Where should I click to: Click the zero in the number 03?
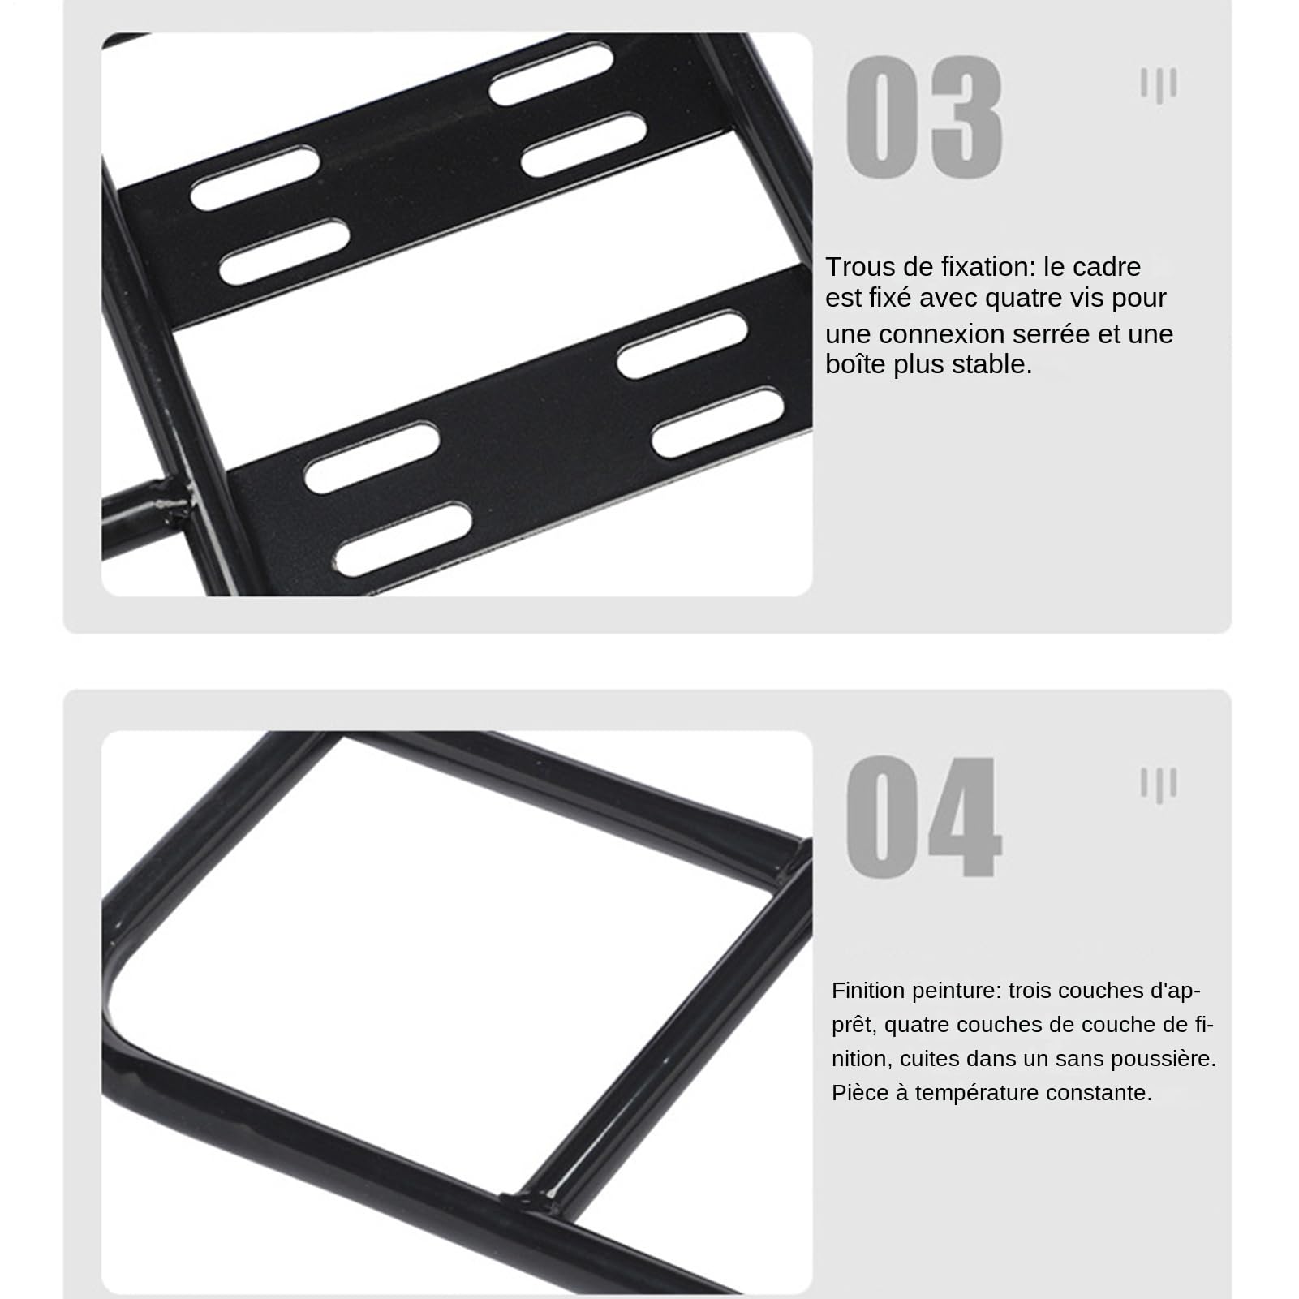tap(882, 118)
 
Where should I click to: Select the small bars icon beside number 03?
tap(1159, 84)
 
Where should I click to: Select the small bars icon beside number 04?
tap(1159, 785)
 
